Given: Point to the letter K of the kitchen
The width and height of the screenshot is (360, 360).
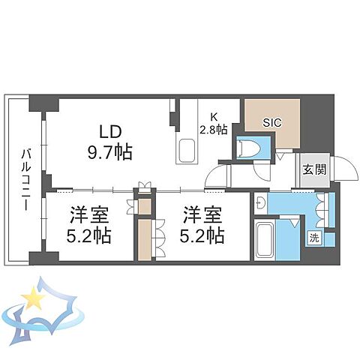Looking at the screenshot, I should (x=214, y=117).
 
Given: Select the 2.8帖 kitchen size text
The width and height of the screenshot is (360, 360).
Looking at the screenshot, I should (x=213, y=128).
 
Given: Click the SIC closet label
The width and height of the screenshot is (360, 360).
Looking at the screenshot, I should (x=271, y=121).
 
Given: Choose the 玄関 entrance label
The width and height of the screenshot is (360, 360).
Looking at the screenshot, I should (x=315, y=169).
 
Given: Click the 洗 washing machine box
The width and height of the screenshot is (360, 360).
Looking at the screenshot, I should (x=315, y=238).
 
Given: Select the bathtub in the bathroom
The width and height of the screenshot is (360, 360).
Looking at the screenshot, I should (x=265, y=240).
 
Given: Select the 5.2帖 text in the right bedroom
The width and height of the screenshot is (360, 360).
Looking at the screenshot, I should (x=203, y=237).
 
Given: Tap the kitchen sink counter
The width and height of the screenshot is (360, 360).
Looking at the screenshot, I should (x=186, y=142).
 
